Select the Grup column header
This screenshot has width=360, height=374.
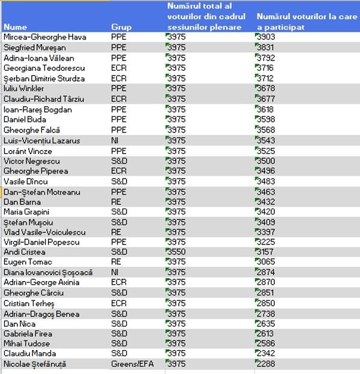pos(121,27)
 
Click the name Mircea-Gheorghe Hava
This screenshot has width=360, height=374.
pos(44,37)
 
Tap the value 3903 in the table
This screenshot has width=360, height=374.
pos(265,37)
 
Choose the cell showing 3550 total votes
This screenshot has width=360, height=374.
pos(176,252)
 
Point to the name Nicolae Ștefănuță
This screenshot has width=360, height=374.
pos(35,364)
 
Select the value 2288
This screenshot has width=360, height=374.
pos(265,364)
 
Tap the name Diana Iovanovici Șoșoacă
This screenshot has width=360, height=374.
pos(47,273)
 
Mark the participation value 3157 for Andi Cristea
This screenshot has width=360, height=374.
pos(265,252)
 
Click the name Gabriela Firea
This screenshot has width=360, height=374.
pos(28,334)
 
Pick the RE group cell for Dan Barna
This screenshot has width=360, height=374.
pos(116,202)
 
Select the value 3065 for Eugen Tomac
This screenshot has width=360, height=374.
pos(265,263)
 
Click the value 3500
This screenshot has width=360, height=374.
pos(265,161)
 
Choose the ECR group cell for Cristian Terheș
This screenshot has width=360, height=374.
pos(119,303)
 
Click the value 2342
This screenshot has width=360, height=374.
pos(265,354)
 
